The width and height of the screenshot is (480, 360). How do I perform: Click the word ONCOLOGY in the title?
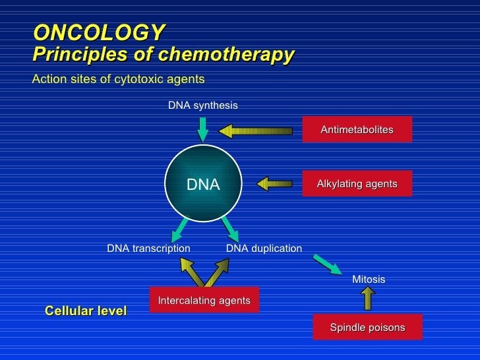[x=99, y=32]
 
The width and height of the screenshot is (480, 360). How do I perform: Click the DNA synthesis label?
[x=202, y=105]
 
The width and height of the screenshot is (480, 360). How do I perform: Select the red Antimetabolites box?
[x=357, y=129]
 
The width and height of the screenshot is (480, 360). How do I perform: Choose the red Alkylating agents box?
[x=357, y=183]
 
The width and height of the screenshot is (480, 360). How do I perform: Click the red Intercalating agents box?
[x=204, y=300]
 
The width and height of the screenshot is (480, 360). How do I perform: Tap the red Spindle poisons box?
[x=367, y=327]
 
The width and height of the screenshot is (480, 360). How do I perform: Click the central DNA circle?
[x=203, y=185]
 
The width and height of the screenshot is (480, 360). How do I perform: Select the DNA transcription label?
[x=148, y=249]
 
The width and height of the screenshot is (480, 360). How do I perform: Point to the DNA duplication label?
[x=264, y=249]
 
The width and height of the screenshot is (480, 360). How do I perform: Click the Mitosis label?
[x=369, y=280]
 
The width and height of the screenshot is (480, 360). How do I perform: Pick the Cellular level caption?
[x=86, y=311]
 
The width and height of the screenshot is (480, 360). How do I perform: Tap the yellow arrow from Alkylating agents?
[x=275, y=183]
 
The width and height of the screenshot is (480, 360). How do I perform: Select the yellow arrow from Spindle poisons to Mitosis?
[x=368, y=299]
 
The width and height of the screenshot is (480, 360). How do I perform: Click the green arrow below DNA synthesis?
[x=203, y=128]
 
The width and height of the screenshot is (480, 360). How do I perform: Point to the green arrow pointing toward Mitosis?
[x=327, y=264]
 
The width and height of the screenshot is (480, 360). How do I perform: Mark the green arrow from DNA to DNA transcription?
[x=179, y=229]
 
